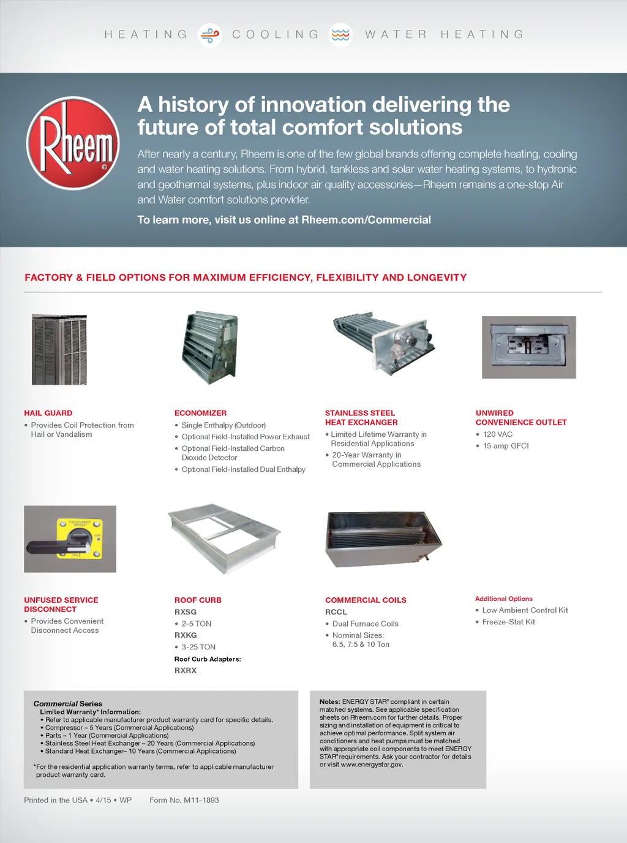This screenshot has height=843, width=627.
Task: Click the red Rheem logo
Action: [73, 143]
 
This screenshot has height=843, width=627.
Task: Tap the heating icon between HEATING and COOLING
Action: [210, 35]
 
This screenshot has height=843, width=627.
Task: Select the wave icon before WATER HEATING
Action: [340, 35]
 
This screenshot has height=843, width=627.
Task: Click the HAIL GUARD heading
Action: [48, 414]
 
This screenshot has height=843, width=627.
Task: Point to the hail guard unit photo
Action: [59, 350]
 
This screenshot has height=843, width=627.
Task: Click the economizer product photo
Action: [210, 347]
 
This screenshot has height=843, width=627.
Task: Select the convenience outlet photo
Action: [529, 347]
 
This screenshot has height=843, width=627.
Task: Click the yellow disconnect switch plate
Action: [80, 539]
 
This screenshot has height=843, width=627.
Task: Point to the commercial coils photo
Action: [383, 539]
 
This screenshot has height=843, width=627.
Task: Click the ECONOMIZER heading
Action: [200, 414]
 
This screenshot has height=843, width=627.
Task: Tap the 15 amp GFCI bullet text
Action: [506, 446]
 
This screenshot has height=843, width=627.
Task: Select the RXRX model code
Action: [186, 671]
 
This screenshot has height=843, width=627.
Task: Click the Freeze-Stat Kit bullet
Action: [508, 622]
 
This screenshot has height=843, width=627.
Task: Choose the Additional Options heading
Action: [504, 599]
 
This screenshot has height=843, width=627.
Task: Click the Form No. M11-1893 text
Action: [184, 800]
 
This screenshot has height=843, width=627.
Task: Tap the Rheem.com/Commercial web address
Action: [366, 220]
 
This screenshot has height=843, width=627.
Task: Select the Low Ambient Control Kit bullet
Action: [525, 610]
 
